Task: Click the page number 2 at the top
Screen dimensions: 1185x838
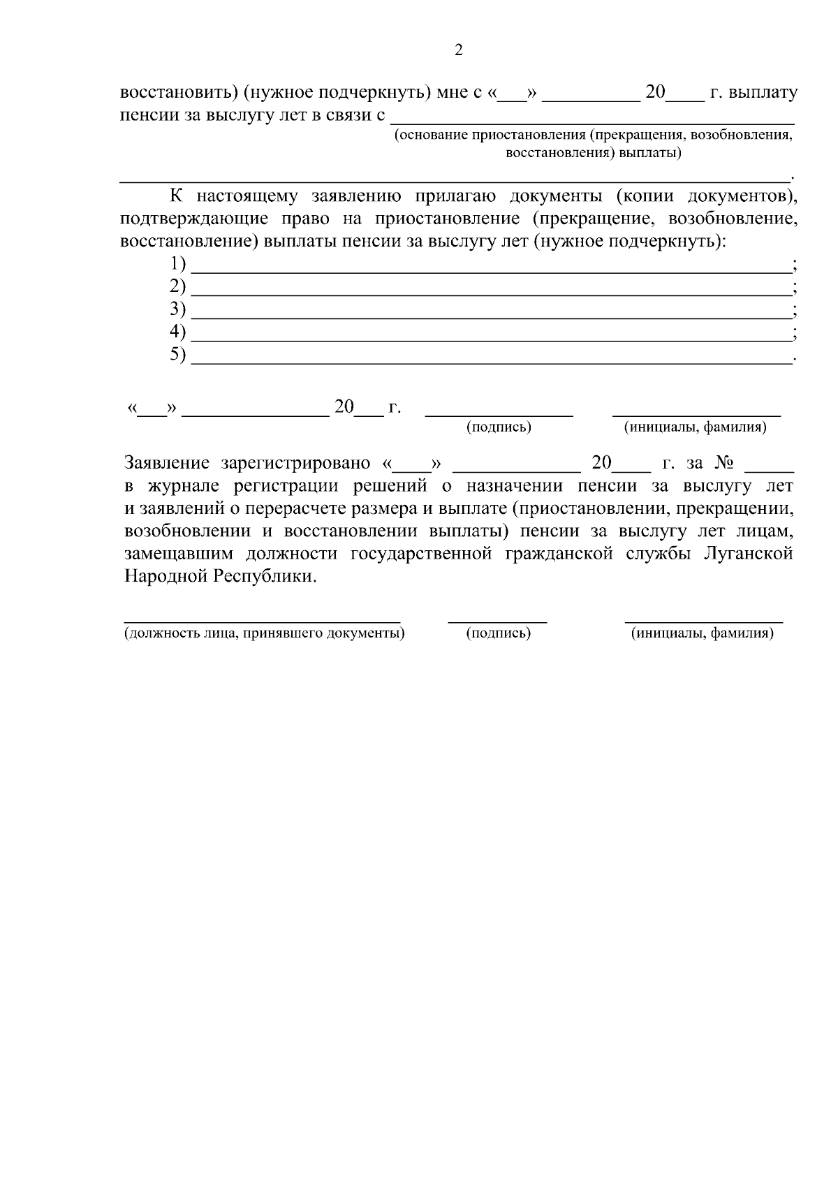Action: [458, 50]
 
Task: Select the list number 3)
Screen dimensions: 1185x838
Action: [178, 309]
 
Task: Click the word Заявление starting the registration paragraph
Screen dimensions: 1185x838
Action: [167, 463]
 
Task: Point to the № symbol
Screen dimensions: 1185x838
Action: [723, 463]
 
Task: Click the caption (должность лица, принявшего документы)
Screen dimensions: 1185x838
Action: [265, 633]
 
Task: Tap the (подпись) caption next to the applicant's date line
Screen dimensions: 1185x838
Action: [499, 427]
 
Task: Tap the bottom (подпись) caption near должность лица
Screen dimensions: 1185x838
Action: [499, 633]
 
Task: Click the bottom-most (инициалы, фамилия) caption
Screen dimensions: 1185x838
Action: [702, 633]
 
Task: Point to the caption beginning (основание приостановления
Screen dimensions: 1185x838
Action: [593, 135]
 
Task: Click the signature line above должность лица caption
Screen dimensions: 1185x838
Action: [262, 619]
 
